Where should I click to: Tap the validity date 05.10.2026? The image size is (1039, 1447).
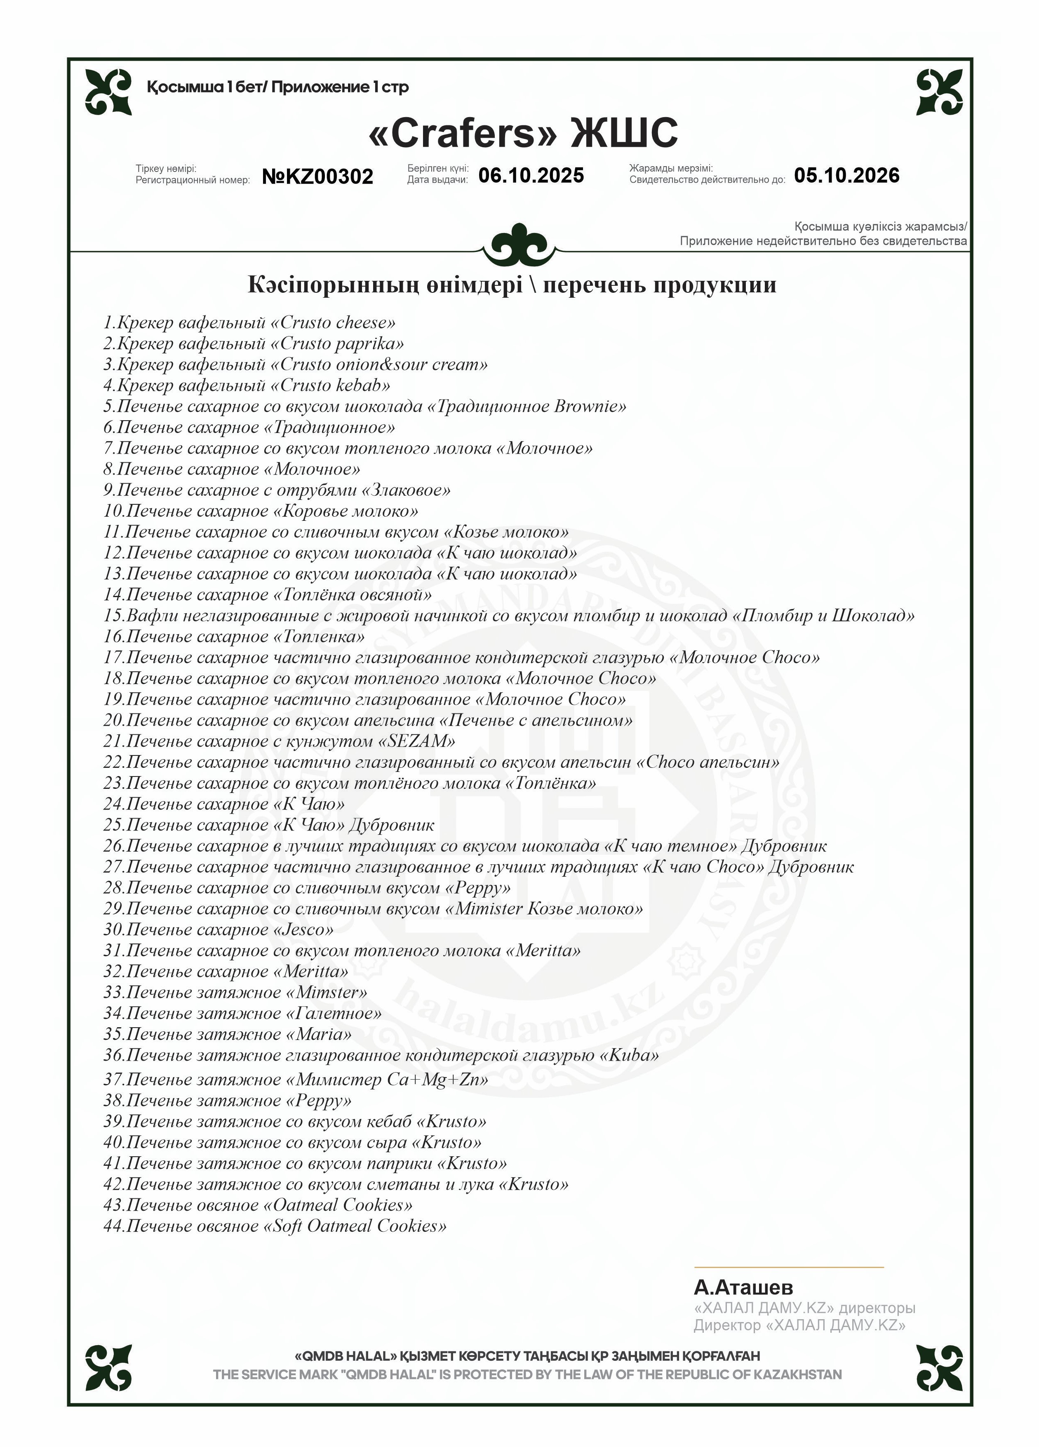click(x=846, y=175)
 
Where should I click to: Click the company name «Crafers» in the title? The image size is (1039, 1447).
click(x=463, y=133)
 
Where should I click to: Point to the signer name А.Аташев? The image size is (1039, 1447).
click(x=743, y=1287)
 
